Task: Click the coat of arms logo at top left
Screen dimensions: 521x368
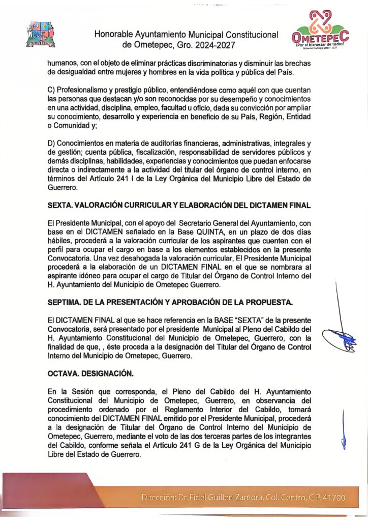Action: coord(40,34)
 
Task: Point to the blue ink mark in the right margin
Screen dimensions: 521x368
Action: coord(344,430)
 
